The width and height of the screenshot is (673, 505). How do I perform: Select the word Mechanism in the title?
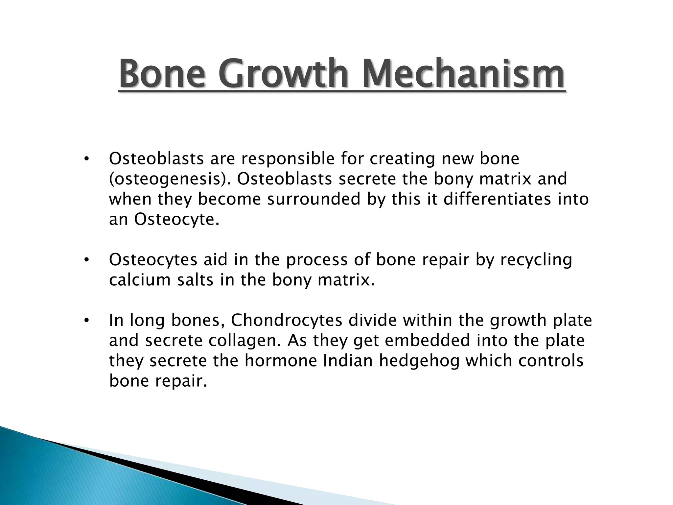pos(463,74)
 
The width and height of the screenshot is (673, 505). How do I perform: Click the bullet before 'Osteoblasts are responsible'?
pos(86,159)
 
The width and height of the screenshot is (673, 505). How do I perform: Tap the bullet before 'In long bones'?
pos(86,321)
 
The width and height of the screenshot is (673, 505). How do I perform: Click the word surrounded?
pos(314,199)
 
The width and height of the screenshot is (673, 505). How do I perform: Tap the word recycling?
pos(536,260)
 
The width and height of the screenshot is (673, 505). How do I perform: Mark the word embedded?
pos(428,340)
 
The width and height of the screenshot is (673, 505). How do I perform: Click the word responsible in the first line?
pos(288,159)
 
